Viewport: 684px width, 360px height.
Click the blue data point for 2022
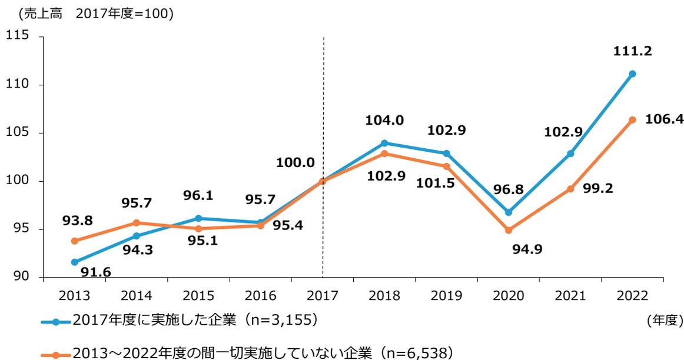pyautogui.click(x=633, y=74)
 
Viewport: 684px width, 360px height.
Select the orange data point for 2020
pyautogui.click(x=509, y=230)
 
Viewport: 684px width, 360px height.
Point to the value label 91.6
pyautogui.click(x=92, y=272)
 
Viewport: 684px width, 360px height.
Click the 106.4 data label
pyautogui.click(x=664, y=119)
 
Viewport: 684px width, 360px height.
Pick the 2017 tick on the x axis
pyautogui.click(x=323, y=294)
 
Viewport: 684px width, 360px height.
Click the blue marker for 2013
pyautogui.click(x=75, y=262)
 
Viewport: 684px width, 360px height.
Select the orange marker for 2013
pyautogui.click(x=75, y=241)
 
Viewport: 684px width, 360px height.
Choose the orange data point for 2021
pyautogui.click(x=570, y=189)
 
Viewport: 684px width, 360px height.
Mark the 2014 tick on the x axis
pyautogui.click(x=137, y=294)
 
